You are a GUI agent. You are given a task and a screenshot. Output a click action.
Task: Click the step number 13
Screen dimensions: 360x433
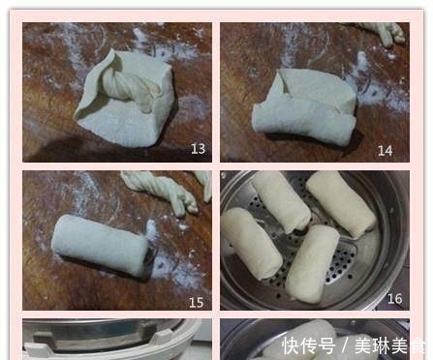[x=198, y=149]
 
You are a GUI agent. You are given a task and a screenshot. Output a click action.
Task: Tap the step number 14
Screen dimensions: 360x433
[x=385, y=150]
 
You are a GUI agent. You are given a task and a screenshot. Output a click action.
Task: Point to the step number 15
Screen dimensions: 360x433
[x=196, y=302]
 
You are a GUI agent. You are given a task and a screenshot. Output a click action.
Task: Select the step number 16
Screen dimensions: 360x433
[x=394, y=299]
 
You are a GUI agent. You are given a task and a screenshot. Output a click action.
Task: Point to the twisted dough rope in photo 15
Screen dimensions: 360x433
[x=159, y=189]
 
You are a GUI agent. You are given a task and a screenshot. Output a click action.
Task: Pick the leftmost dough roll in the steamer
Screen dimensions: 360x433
[x=250, y=242]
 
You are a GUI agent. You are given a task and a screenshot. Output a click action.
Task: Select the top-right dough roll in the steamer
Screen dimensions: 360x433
[x=340, y=202]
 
